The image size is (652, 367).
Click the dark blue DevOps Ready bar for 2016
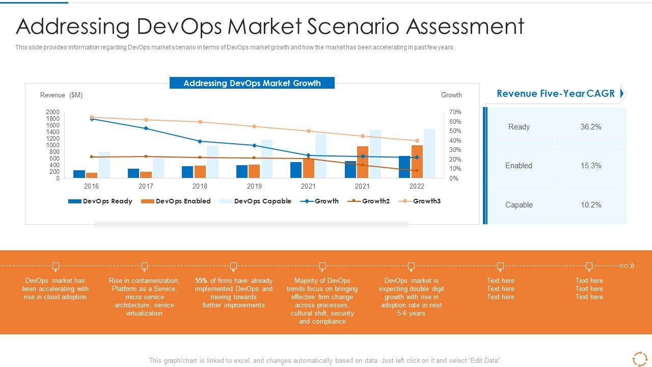tap(79, 174)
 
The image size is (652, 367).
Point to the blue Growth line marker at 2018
tap(200, 141)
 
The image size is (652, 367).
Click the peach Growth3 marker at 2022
tap(417, 141)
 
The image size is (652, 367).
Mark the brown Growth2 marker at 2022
tap(417, 171)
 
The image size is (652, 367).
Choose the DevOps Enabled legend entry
tap(176, 201)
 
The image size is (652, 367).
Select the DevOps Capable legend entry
tap(255, 201)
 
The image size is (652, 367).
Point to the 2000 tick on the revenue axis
tap(52, 112)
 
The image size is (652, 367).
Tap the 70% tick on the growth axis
tap(455, 112)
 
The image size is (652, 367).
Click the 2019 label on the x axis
tap(254, 187)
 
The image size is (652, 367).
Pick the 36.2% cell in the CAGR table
tap(591, 127)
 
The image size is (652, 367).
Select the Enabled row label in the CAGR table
tap(519, 166)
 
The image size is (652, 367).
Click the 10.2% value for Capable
tap(591, 205)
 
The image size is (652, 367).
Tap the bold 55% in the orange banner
tap(201, 281)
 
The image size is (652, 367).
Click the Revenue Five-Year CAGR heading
tap(556, 94)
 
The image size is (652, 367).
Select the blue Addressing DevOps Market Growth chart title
tap(252, 83)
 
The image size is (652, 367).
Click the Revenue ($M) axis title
tap(61, 95)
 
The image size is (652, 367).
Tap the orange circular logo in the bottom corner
tap(639, 358)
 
